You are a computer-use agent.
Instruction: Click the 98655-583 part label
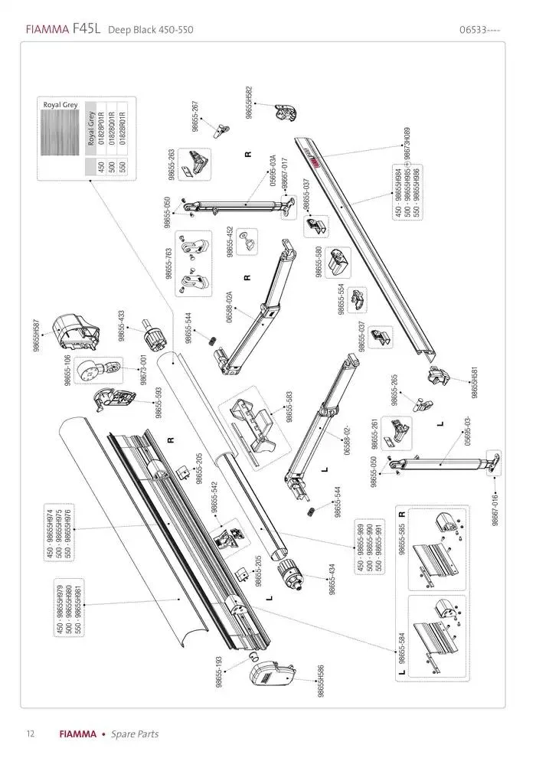coord(289,407)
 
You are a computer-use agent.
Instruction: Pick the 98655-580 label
coord(319,261)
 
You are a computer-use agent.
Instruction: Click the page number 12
coord(30,734)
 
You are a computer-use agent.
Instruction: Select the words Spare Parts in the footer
coord(135,734)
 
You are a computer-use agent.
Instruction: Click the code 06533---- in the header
coord(480,30)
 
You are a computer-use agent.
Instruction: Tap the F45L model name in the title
coord(87,30)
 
